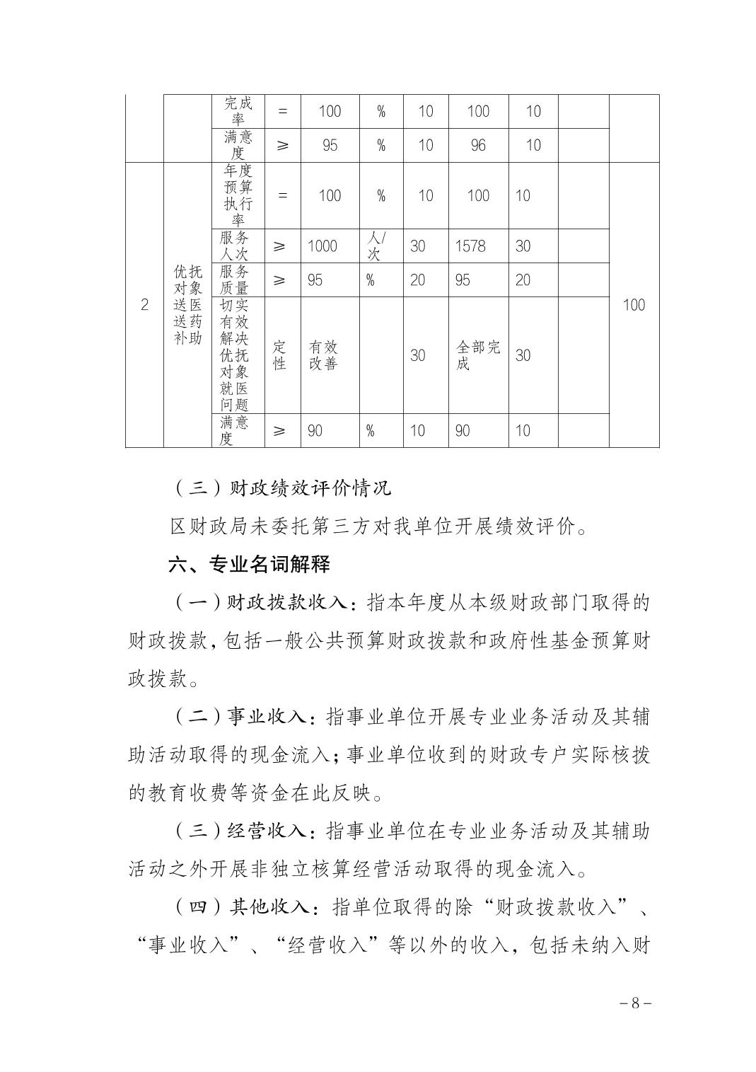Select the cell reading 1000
[322, 246]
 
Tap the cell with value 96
[478, 145]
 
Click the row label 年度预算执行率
[238, 196]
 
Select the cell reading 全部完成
[478, 355]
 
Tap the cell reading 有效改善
[323, 355]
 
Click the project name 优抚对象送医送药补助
[188, 305]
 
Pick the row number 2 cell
[145, 305]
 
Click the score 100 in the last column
[634, 305]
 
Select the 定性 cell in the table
[280, 355]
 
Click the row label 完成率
[238, 111]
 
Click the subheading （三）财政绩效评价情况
[281, 488]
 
